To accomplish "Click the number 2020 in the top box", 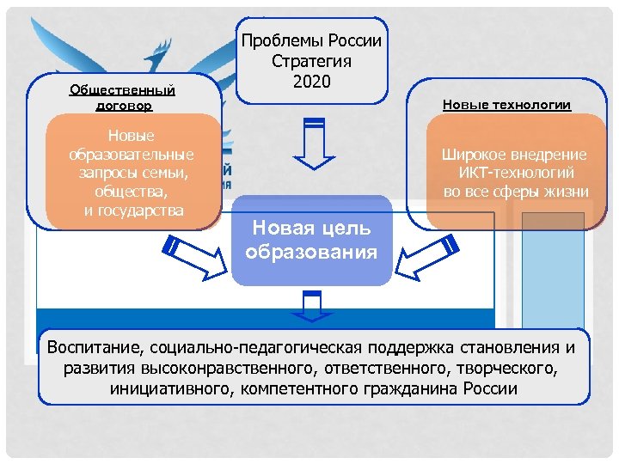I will [x=311, y=82].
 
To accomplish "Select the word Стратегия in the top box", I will [x=311, y=62].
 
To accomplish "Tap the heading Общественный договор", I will [x=122, y=97].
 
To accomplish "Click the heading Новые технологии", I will [x=506, y=105].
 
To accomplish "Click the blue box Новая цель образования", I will [x=311, y=240].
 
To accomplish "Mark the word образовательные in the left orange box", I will [x=132, y=154].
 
